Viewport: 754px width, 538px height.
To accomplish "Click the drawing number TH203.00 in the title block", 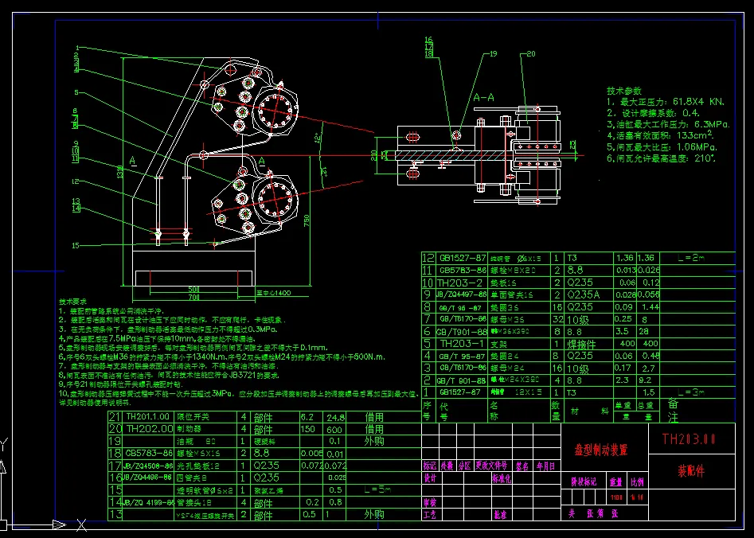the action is point(689,439).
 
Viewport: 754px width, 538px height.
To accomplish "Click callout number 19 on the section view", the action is point(492,54).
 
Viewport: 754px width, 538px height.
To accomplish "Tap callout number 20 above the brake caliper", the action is point(530,54).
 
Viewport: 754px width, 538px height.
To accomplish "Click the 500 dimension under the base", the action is point(193,288).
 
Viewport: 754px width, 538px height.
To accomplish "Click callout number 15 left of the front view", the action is point(76,245).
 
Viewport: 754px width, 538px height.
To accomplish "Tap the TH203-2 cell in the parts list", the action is point(460,283).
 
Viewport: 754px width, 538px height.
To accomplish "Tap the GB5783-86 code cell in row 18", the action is point(150,452).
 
